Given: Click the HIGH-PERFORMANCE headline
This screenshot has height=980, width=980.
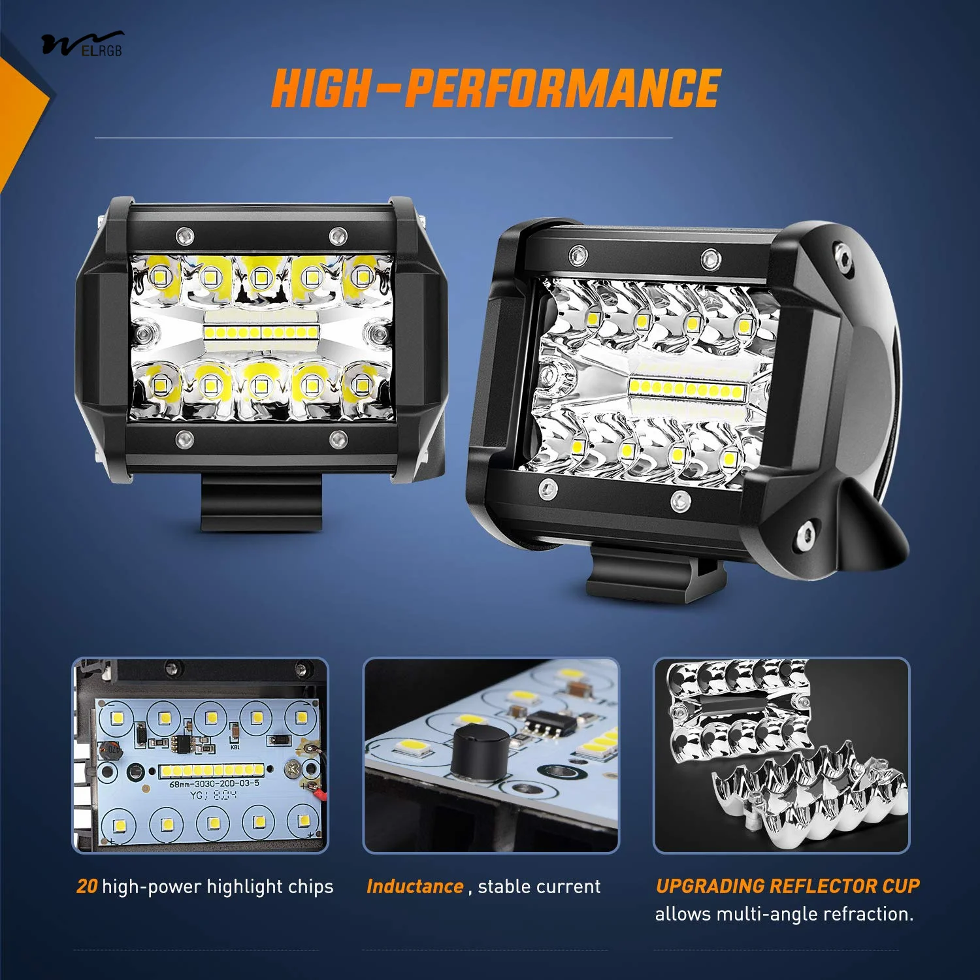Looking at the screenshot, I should [x=496, y=88].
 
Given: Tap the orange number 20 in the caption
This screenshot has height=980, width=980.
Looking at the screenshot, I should [x=87, y=887].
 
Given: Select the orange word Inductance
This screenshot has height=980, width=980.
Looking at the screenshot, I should [x=415, y=887].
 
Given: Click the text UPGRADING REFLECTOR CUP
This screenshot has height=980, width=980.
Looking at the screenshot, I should [x=787, y=886].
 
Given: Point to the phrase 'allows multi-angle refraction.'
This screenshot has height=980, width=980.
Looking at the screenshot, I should [x=784, y=914].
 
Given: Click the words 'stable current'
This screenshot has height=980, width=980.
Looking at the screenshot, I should [x=539, y=887].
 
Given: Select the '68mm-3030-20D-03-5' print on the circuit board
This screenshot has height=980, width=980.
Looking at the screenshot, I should [x=214, y=783].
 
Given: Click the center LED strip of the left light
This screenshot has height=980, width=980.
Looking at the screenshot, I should [x=261, y=332].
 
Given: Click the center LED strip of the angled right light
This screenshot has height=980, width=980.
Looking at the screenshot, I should [x=687, y=390].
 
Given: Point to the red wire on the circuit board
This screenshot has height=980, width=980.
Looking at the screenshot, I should [x=320, y=794].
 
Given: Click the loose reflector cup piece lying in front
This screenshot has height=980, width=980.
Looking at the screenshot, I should [x=810, y=797].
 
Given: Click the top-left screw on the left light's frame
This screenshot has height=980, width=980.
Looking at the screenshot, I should [x=185, y=233].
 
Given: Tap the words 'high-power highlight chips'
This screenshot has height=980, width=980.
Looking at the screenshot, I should [x=218, y=887].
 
